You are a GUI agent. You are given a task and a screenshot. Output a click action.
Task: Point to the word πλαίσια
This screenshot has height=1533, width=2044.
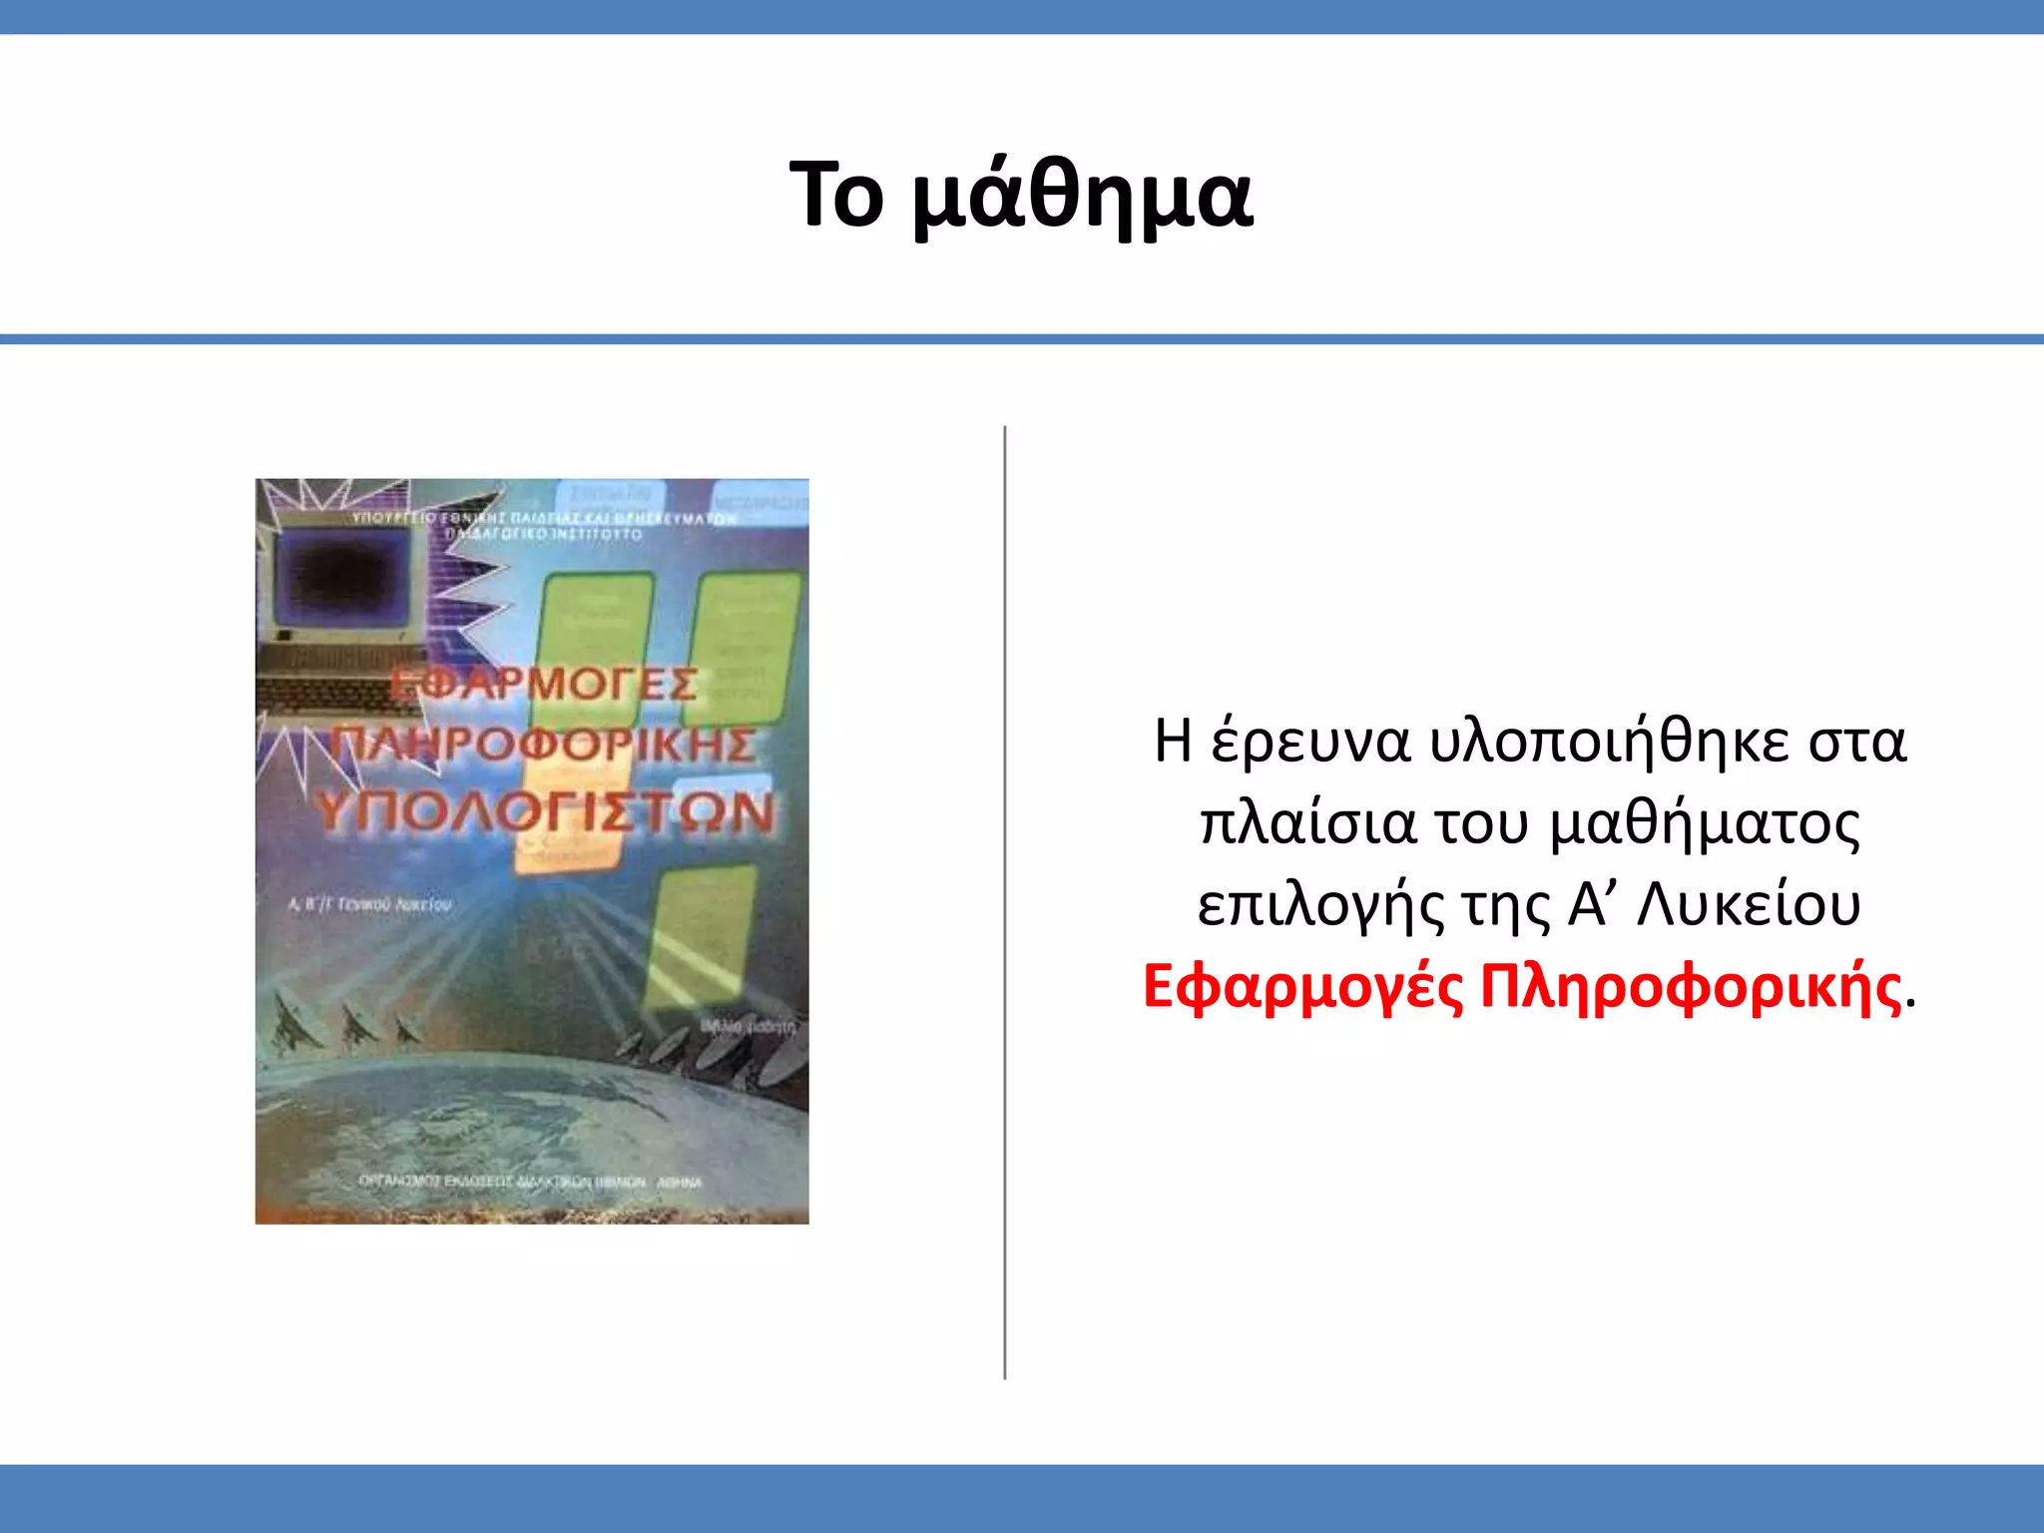click(1307, 824)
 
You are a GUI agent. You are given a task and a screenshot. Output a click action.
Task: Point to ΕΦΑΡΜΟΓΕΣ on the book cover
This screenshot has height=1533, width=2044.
click(544, 685)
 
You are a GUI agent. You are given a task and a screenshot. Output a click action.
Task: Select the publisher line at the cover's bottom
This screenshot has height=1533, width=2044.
click(530, 1182)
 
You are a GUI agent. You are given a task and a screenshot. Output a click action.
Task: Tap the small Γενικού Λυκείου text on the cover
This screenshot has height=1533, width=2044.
click(370, 904)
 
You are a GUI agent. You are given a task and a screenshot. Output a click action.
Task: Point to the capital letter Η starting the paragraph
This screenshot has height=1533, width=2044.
click(1173, 742)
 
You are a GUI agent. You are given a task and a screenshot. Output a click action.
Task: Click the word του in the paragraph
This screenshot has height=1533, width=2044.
click(1481, 824)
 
